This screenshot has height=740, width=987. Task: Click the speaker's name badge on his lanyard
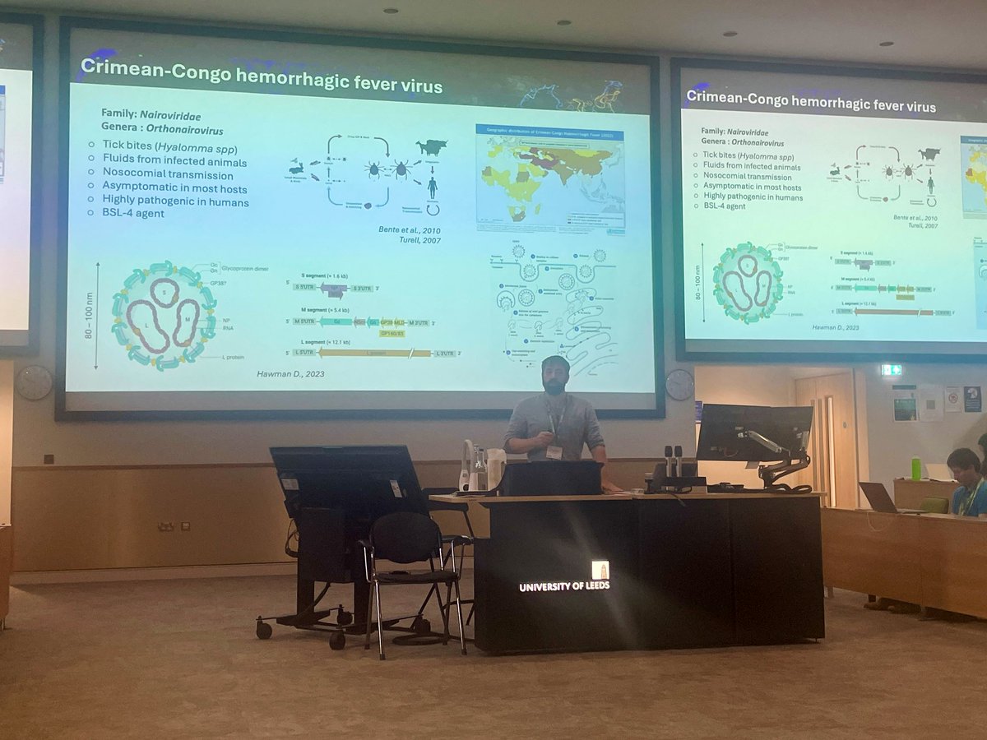tap(555, 451)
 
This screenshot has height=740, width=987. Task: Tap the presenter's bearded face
tap(555, 377)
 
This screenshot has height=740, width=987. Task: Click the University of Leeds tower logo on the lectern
tap(600, 570)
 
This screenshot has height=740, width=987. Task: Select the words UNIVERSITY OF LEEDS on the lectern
tap(564, 587)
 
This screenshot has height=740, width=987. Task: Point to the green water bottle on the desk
tap(915, 468)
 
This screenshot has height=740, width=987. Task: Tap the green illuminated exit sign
tap(891, 371)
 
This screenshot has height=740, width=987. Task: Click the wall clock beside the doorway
tap(679, 384)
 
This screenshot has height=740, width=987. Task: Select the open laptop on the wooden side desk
tap(877, 497)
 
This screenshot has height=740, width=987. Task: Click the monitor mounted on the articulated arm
tap(753, 432)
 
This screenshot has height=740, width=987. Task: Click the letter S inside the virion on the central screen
tap(164, 292)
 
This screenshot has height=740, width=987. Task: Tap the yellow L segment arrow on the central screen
tap(375, 353)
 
